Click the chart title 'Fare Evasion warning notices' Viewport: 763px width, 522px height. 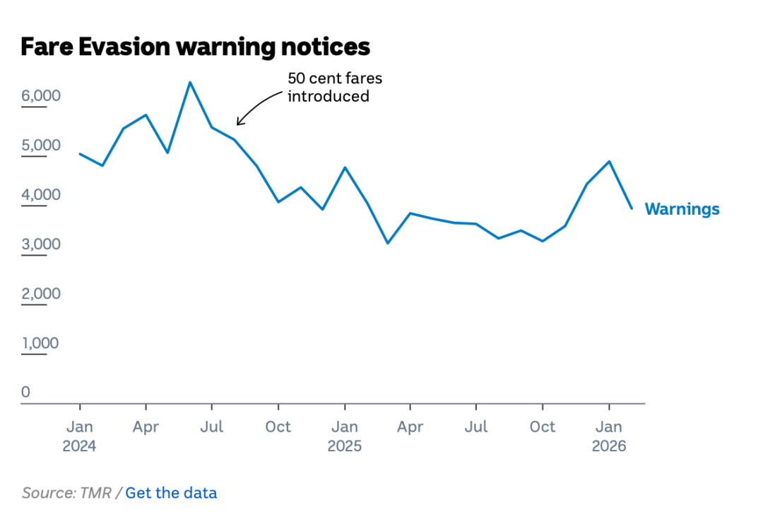tap(195, 47)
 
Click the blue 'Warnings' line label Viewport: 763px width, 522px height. tap(682, 209)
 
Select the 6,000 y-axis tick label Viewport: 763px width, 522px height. tap(40, 95)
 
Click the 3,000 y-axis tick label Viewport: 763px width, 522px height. tap(40, 244)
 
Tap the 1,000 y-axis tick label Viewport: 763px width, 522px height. tap(40, 343)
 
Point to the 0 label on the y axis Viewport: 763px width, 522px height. tap(26, 392)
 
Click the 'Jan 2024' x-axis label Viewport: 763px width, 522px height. tap(79, 437)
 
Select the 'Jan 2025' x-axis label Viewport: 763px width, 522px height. tap(344, 437)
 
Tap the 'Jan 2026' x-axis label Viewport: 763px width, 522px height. tap(608, 437)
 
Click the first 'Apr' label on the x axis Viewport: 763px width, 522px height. tap(146, 427)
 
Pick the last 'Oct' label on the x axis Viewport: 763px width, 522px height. tap(543, 427)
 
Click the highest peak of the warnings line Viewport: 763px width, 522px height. tap(189, 82)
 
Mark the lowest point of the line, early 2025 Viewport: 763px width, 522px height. tap(388, 243)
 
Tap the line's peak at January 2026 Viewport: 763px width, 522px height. tap(609, 161)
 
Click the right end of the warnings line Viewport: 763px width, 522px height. tap(632, 208)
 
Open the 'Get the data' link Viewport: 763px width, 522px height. tap(171, 493)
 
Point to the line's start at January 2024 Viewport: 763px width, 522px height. tap(79, 153)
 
